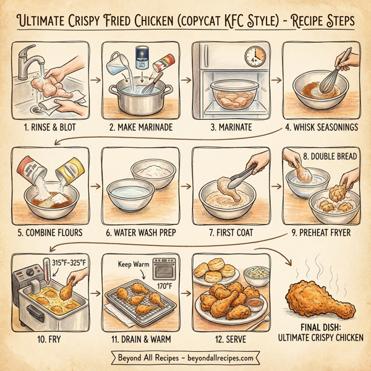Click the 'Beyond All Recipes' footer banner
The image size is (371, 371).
click(185, 357)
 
